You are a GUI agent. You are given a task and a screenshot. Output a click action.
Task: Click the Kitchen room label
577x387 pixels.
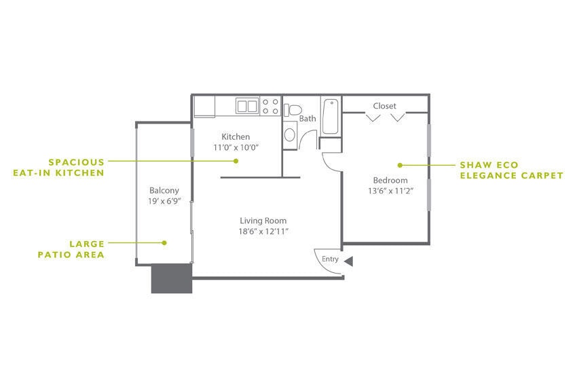(236, 136)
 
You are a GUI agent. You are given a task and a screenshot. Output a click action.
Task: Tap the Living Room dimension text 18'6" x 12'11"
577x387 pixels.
(263, 232)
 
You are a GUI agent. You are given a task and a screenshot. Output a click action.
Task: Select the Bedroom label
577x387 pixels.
(390, 180)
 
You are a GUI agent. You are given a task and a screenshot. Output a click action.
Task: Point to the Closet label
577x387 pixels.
(384, 106)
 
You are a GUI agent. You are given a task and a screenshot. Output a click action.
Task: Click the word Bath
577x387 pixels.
(308, 118)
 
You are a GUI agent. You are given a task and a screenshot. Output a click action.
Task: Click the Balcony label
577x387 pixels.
(164, 191)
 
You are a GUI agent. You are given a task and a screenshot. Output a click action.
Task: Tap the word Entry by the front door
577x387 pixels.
(330, 259)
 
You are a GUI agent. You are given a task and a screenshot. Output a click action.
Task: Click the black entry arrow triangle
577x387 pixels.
(349, 261)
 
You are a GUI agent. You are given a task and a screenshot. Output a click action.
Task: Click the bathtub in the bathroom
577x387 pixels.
(331, 116)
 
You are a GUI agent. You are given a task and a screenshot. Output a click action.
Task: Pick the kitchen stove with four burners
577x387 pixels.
(271, 106)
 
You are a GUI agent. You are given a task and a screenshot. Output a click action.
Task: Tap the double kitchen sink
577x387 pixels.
(247, 106)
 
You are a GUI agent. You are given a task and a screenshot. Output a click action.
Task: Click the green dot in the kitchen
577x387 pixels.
(236, 161)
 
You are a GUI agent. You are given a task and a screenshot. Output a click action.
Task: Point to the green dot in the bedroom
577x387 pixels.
(401, 165)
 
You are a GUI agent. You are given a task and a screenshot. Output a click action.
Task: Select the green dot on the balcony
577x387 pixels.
(164, 242)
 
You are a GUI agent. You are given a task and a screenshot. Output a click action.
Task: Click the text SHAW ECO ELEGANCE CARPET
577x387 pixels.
(511, 170)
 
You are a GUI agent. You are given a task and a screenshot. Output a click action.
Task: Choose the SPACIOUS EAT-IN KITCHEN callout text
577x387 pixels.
(58, 167)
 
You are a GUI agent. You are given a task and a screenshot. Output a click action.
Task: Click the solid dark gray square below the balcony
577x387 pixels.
(172, 278)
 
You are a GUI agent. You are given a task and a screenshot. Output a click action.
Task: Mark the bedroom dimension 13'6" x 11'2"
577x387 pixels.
(390, 191)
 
